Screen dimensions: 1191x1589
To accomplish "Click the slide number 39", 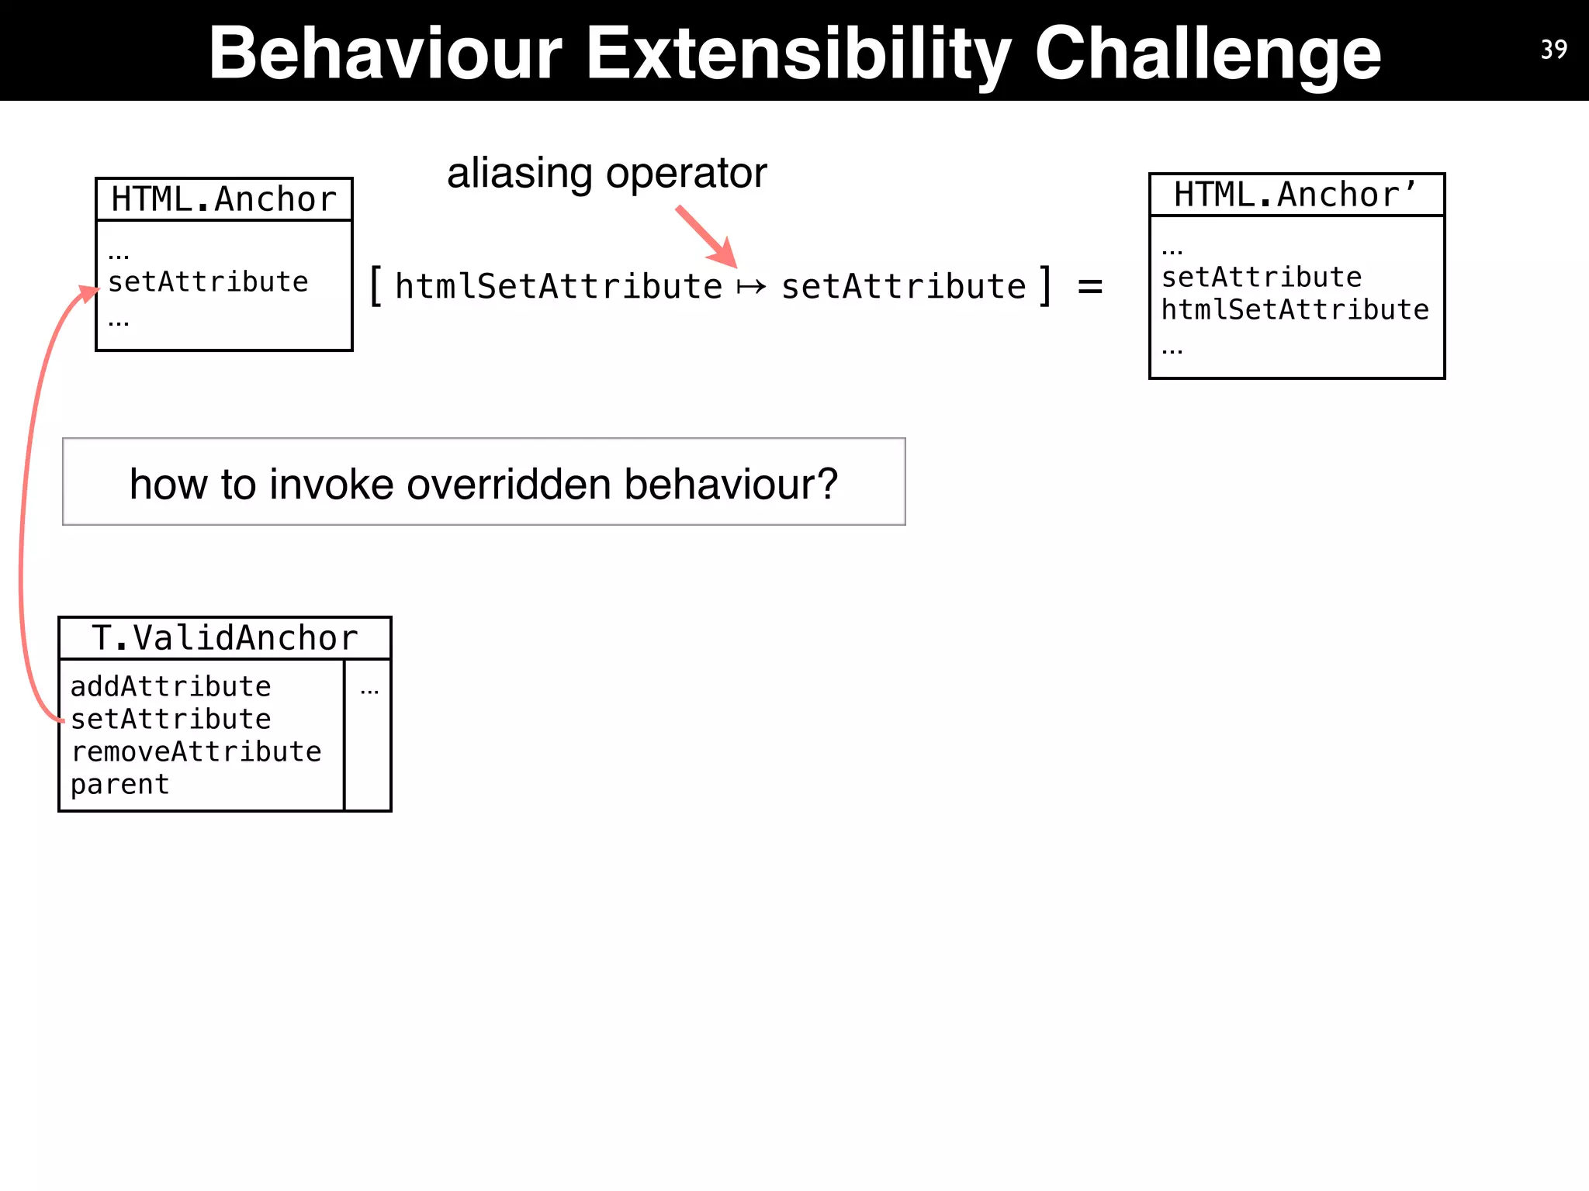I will point(1553,50).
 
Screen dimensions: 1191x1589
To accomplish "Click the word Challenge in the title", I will point(1207,53).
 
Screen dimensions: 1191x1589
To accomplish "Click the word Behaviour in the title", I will point(385,53).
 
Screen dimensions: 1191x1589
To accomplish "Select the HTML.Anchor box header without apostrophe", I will point(223,199).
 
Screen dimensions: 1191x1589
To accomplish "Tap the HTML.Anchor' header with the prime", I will point(1296,195).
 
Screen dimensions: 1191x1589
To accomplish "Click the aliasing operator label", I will point(607,173).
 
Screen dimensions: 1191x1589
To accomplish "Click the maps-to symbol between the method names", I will point(751,288).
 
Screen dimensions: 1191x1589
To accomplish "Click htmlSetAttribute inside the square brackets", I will point(559,287).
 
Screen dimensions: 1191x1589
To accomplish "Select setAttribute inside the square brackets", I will point(903,287).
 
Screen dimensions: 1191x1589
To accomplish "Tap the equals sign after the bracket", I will point(1090,287).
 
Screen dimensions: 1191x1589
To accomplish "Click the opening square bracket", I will point(376,286).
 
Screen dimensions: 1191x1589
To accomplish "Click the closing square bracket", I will point(1046,286).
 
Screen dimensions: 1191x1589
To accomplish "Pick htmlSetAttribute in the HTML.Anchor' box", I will point(1294,310).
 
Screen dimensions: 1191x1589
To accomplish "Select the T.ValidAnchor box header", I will point(225,638).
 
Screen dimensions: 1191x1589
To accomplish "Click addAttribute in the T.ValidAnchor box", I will point(171,686).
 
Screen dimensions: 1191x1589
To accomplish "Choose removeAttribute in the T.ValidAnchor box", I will point(196,751).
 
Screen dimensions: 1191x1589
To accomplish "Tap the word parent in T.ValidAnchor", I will point(119,785).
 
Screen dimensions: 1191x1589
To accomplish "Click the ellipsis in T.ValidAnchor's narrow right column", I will point(369,690).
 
